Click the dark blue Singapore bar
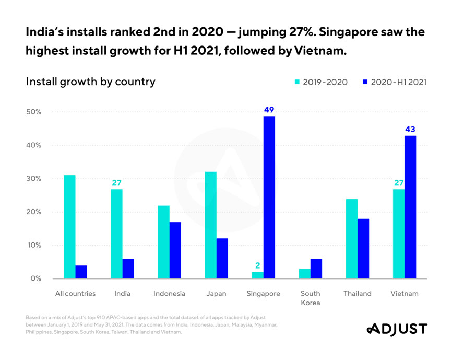[269, 198]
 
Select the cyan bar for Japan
[210, 225]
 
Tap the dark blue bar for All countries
[81, 272]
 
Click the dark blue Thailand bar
[363, 248]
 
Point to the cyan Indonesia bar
[163, 242]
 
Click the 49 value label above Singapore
[269, 110]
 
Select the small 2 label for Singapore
[257, 265]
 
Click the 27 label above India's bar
[116, 183]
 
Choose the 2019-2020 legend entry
[322, 82]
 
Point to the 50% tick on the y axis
[32, 112]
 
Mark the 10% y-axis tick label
[32, 245]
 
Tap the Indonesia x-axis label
[169, 293]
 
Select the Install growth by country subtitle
[90, 82]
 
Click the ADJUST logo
[397, 329]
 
